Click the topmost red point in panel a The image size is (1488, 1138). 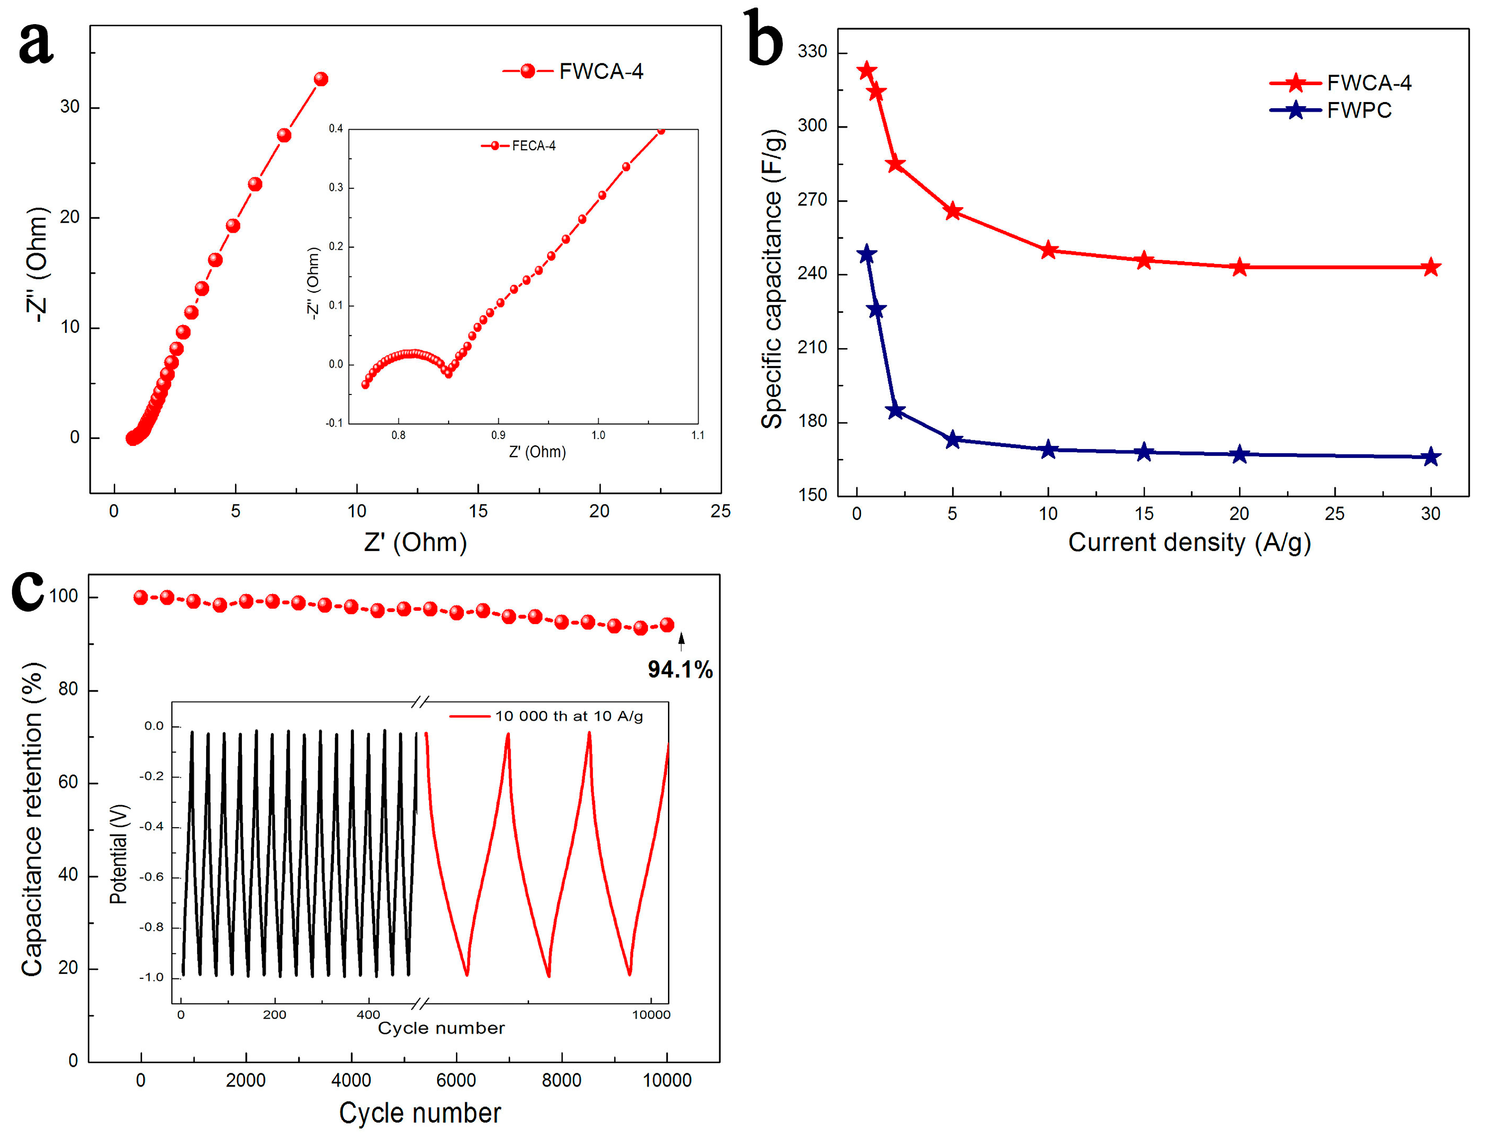(x=321, y=79)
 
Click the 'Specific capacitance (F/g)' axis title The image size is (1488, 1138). (x=772, y=279)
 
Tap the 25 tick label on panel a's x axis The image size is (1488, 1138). (x=720, y=511)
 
